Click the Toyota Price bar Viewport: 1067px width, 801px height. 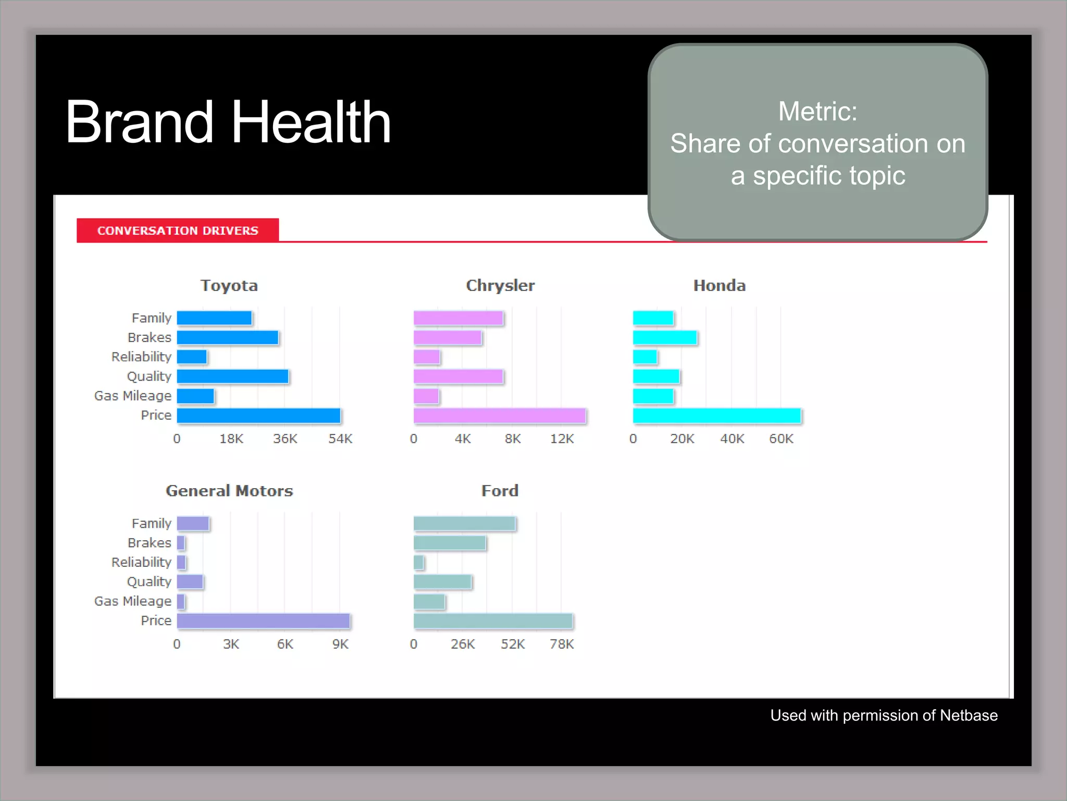coord(258,416)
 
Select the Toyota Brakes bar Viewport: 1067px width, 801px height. coord(227,338)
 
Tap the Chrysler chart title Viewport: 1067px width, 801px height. coord(500,286)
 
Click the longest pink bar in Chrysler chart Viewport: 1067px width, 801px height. coord(500,416)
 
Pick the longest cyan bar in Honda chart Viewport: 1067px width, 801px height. coord(716,416)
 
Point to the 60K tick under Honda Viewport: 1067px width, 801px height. coord(781,439)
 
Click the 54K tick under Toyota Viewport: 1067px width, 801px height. coord(340,439)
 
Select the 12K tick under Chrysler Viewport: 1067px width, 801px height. coord(562,439)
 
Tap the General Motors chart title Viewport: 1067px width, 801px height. coord(229,491)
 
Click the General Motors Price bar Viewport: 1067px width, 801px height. coord(263,621)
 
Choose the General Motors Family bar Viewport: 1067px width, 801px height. coord(193,524)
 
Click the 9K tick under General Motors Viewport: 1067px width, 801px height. coord(340,645)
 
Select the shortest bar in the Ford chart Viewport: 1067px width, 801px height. coord(418,563)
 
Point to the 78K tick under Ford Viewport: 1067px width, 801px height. coord(562,645)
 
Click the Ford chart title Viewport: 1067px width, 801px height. coord(500,491)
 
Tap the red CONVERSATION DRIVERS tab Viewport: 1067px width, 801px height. coord(178,230)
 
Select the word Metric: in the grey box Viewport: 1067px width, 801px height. coord(817,112)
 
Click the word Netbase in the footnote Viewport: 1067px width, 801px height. coord(969,715)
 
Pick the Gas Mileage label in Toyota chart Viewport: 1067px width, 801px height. coord(132,396)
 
